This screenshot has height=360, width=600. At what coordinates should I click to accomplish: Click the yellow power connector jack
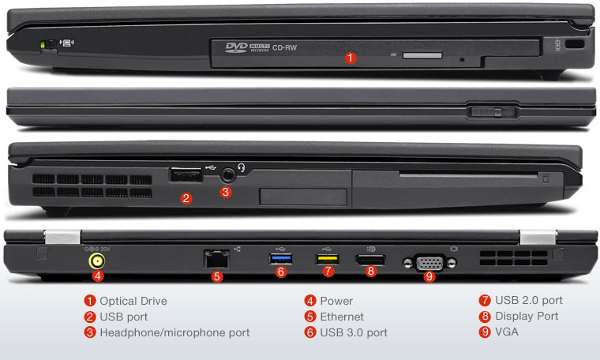97,261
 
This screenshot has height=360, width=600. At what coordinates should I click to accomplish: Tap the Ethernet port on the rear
216,259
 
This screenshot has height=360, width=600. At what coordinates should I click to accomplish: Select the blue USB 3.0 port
281,259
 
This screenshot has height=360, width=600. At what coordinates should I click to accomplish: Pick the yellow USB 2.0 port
327,259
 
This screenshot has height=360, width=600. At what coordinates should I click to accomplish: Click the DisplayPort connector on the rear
370,261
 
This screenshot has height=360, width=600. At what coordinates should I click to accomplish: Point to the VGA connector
429,263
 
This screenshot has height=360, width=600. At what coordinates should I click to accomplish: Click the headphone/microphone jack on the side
228,175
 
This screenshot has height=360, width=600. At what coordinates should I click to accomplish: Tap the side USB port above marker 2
186,174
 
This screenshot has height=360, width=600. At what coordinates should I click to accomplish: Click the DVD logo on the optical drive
237,47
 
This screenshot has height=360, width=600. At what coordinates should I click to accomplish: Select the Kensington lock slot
575,43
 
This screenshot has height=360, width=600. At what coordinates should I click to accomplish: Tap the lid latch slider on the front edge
490,112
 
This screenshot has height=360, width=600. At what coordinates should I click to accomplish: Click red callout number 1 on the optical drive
350,58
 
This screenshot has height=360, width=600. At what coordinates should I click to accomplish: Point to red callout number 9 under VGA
429,276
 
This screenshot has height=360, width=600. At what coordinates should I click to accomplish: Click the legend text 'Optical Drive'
133,301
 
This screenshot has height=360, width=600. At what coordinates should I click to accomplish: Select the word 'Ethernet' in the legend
342,317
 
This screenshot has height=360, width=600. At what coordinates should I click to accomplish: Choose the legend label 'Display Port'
527,316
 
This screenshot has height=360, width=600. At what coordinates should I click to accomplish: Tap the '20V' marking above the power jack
105,249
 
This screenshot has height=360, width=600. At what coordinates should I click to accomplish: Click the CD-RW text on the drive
284,48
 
